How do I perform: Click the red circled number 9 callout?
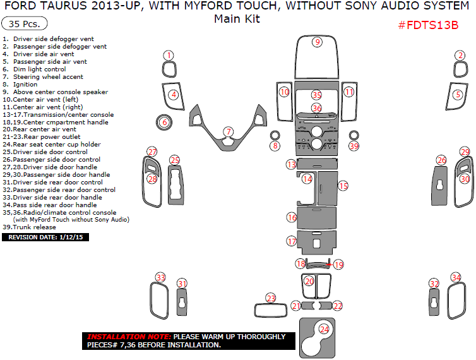click(318, 42)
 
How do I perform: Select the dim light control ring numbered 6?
click(164, 122)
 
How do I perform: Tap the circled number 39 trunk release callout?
click(354, 146)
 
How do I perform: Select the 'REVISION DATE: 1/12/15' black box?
click(46, 237)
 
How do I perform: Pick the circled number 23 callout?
click(271, 298)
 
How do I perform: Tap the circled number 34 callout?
click(456, 278)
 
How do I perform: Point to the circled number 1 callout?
click(169, 56)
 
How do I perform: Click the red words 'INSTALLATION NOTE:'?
click(128, 337)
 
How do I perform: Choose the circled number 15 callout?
click(343, 186)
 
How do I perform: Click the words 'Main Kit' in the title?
click(237, 19)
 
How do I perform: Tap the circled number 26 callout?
click(442, 160)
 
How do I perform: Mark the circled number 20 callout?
click(309, 281)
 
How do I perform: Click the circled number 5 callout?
click(458, 95)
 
